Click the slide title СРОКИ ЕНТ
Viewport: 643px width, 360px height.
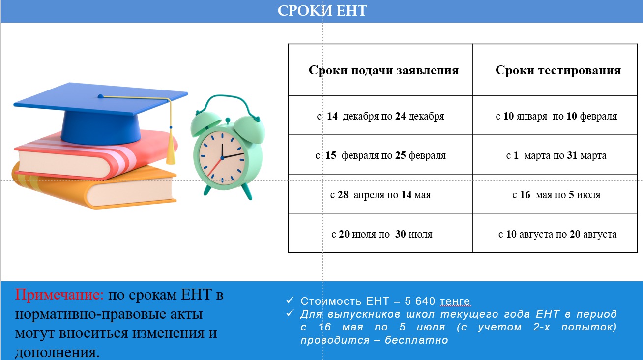click(322, 11)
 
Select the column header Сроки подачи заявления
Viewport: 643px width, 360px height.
click(384, 70)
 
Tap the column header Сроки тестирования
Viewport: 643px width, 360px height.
click(558, 70)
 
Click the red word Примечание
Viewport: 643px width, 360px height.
click(59, 295)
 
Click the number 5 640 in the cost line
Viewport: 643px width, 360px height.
click(420, 301)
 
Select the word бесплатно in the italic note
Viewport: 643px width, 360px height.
click(416, 340)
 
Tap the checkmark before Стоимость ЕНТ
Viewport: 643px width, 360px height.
click(290, 300)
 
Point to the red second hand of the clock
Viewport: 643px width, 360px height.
click(214, 168)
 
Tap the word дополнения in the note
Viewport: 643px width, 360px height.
click(57, 353)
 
